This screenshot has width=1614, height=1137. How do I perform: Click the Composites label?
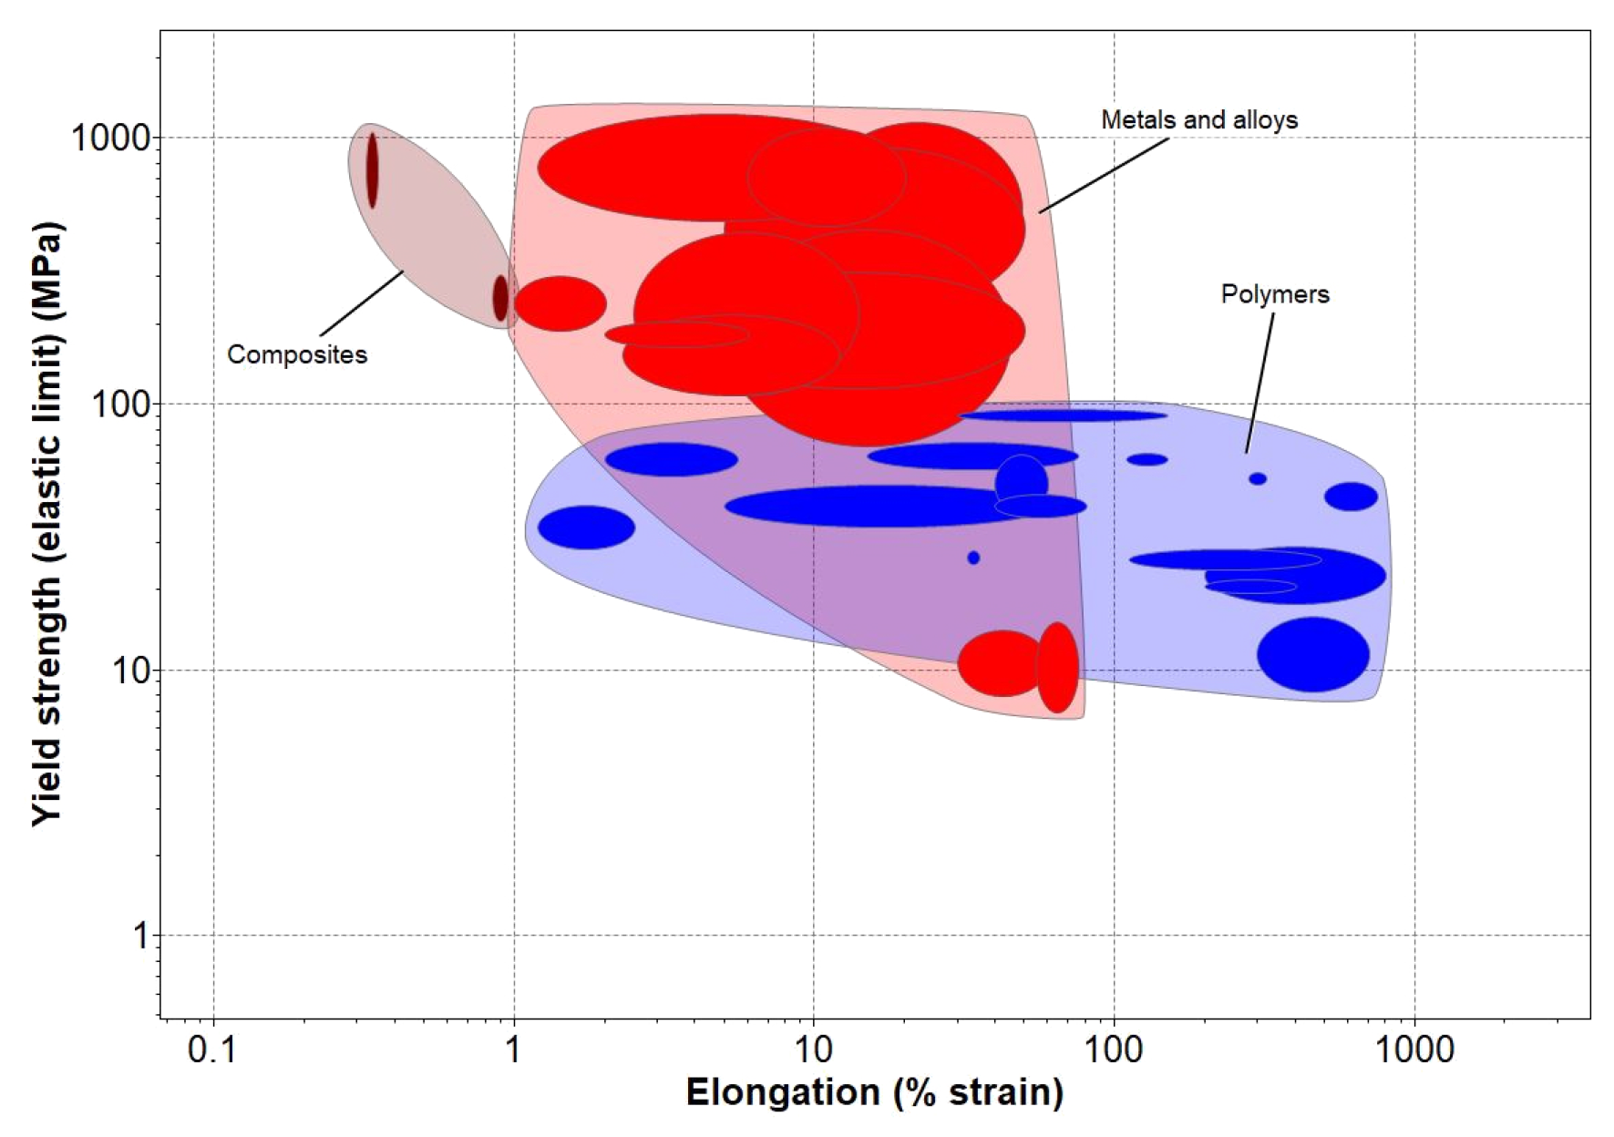296,354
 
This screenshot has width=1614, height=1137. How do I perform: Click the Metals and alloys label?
1198,120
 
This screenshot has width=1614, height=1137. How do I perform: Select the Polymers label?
1274,294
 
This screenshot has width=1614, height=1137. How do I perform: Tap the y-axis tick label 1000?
109,138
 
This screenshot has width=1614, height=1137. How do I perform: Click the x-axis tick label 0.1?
211,1050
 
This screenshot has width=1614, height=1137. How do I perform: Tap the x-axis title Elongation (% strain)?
874,1092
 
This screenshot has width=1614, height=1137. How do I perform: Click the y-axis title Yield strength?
47,524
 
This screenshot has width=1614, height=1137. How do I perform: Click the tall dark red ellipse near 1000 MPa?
372,170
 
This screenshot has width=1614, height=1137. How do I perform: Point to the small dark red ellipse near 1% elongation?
500,298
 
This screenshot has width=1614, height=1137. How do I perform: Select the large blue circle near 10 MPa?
1312,654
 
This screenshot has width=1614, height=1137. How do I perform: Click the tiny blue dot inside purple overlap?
973,558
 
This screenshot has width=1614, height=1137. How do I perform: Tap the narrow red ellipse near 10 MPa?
1057,667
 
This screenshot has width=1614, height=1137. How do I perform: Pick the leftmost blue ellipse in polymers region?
586,527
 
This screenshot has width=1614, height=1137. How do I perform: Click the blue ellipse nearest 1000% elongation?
1351,497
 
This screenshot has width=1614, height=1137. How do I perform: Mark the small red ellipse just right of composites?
560,303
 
